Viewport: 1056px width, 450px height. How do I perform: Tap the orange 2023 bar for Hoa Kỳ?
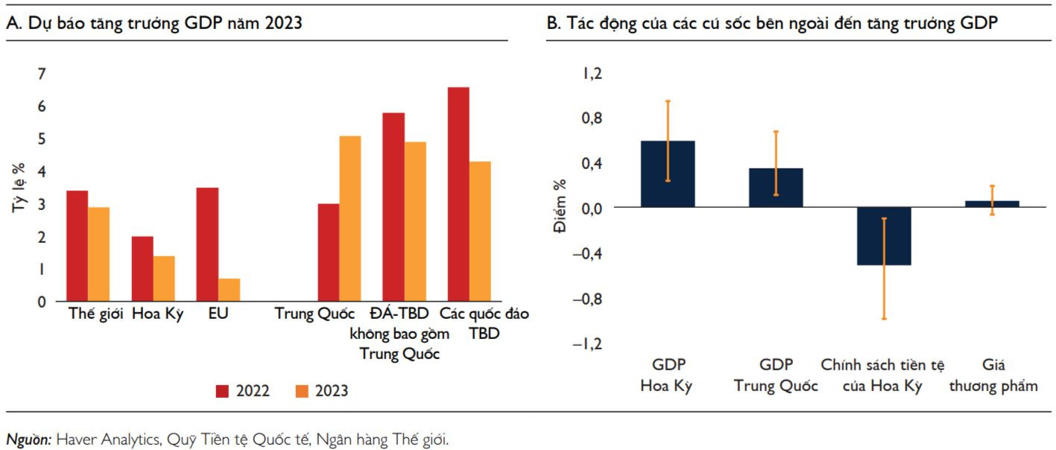(164, 279)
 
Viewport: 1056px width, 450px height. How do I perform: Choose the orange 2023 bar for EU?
(229, 290)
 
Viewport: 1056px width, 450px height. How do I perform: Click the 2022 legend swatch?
(222, 390)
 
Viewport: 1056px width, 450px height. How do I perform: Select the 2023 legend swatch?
(302, 390)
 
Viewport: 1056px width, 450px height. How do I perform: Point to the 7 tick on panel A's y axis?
(41, 73)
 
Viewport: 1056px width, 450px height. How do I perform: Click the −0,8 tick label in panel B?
(588, 299)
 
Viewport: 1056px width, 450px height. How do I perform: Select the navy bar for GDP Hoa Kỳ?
(668, 174)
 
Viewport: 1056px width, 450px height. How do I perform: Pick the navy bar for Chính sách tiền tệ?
(884, 236)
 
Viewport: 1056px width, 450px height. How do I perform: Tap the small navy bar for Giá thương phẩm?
(991, 203)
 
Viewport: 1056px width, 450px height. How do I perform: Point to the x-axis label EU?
(218, 314)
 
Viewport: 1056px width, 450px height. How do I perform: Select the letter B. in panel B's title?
(553, 24)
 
